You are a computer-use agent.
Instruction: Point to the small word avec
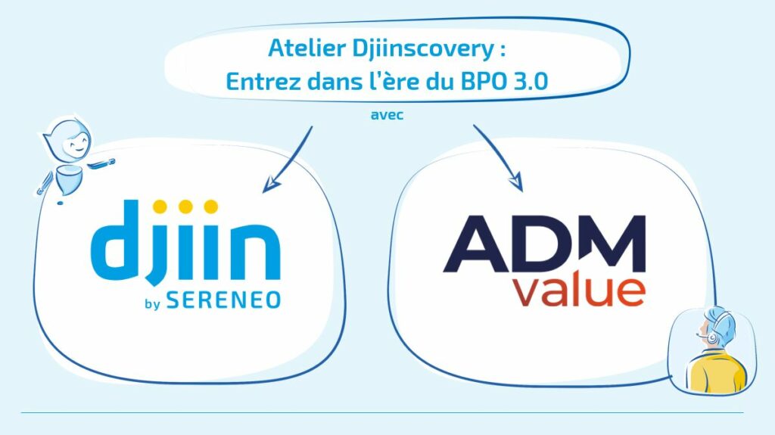387,115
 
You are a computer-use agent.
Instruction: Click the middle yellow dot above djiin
186,207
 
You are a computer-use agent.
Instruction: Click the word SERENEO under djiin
223,300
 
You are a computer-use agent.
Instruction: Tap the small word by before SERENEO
152,303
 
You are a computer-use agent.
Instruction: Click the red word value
579,292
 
